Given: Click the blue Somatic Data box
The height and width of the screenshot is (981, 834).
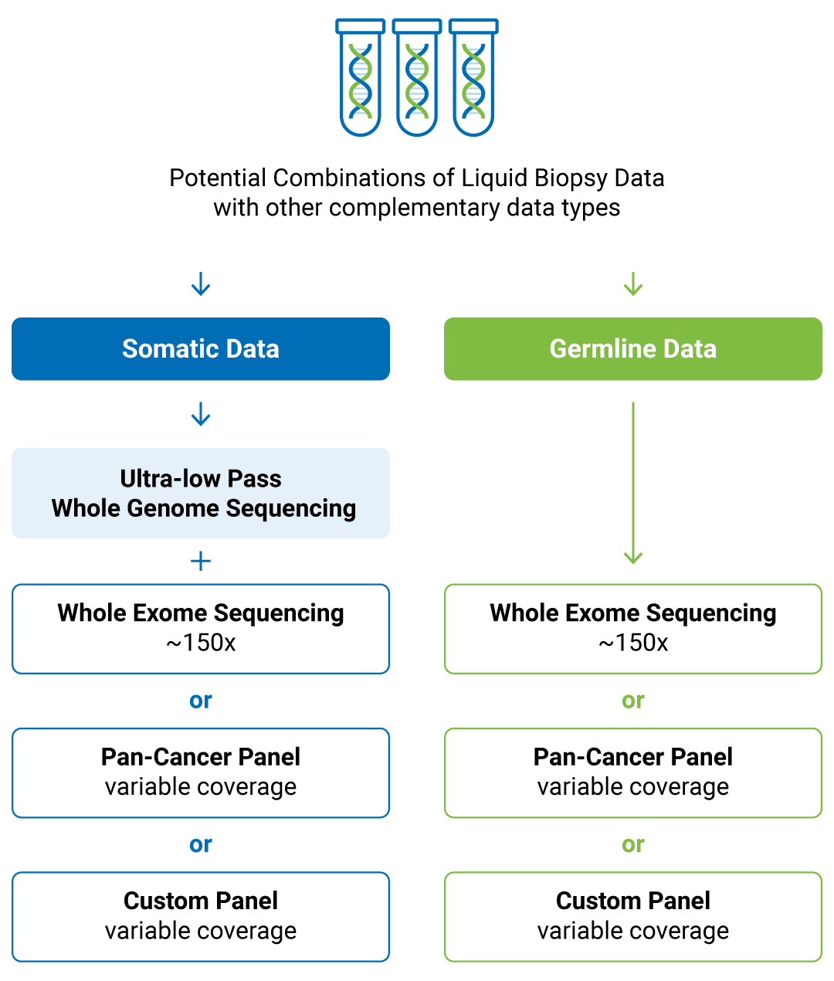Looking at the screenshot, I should (201, 349).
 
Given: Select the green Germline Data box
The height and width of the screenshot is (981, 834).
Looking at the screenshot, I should (632, 349).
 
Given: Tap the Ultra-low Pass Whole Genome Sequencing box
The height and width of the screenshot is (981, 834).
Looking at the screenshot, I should (201, 493).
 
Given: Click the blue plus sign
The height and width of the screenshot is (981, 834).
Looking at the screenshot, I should (201, 561).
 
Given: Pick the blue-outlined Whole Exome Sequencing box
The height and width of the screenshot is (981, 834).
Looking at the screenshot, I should (201, 629).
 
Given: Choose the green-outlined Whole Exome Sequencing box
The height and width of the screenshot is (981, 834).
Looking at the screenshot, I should (632, 629).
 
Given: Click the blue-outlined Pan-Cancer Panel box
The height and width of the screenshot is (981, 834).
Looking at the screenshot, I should (201, 772).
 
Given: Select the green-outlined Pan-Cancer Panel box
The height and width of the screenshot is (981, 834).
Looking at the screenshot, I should (632, 772).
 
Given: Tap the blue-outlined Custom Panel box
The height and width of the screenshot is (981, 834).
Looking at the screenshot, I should (201, 917).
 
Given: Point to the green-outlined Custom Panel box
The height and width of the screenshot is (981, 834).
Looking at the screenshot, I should (632, 917).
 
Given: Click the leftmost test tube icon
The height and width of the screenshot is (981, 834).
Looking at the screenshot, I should (361, 78).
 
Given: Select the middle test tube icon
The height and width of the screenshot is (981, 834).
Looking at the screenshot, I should (417, 78).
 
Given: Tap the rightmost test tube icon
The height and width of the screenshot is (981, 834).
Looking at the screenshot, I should (473, 78).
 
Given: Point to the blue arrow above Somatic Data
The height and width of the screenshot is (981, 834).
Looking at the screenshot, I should (201, 283).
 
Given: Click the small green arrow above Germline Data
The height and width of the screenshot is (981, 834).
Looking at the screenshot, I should (632, 283).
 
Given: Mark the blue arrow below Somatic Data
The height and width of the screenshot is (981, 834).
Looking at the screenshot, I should (201, 414).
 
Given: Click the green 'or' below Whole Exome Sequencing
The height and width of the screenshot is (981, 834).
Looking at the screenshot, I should (632, 701).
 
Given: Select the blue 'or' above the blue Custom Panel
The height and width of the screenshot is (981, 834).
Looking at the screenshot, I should (201, 844).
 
